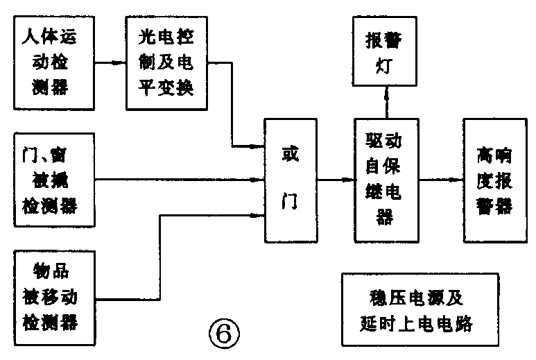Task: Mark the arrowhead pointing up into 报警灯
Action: pyautogui.click(x=383, y=94)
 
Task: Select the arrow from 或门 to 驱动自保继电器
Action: pyautogui.click(x=336, y=180)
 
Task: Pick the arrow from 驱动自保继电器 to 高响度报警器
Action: pyautogui.click(x=440, y=180)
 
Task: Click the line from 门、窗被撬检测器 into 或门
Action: pyautogui.click(x=180, y=181)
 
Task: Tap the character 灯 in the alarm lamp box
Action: pyautogui.click(x=383, y=68)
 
